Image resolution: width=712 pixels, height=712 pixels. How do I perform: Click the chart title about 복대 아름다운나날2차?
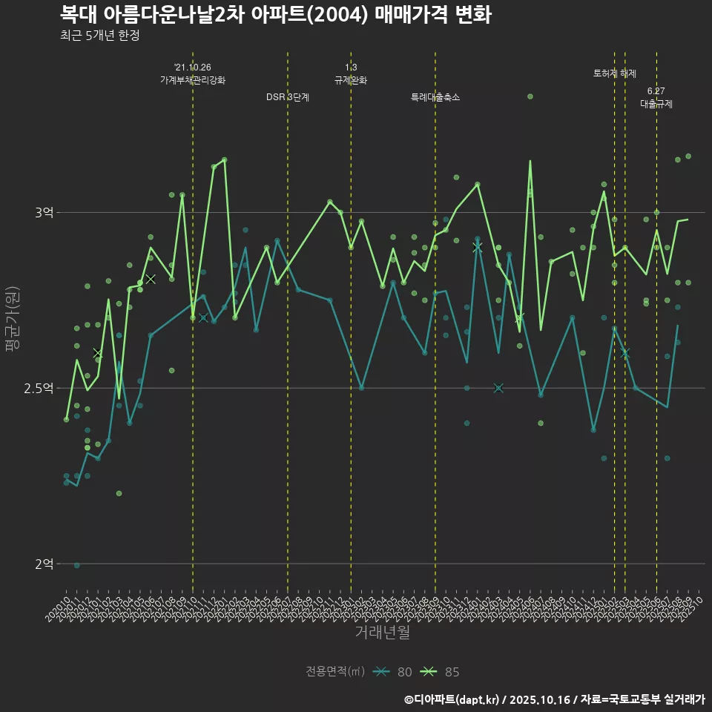tap(275, 15)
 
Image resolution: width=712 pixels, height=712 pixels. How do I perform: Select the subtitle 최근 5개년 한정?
tap(99, 36)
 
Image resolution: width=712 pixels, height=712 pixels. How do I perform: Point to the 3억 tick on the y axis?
tap(44, 213)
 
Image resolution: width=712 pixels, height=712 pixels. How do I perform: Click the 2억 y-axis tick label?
tap(44, 564)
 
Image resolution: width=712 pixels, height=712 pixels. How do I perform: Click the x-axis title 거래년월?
tap(382, 632)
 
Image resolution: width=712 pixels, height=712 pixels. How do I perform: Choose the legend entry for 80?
tap(393, 672)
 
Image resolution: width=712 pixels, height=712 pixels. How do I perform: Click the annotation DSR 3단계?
tap(288, 97)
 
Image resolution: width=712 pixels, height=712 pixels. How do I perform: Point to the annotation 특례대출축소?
tap(435, 97)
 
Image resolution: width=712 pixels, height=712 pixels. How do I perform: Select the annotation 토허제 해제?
tap(615, 73)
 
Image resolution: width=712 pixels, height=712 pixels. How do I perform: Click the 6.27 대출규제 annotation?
tap(656, 98)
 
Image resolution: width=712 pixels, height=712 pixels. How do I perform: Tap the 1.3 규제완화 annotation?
tap(351, 74)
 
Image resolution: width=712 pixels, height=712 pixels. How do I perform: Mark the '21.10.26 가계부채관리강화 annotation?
tap(193, 74)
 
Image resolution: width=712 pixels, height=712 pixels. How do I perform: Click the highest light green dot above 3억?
tap(530, 96)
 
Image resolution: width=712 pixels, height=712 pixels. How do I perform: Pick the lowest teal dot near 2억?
tap(77, 565)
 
